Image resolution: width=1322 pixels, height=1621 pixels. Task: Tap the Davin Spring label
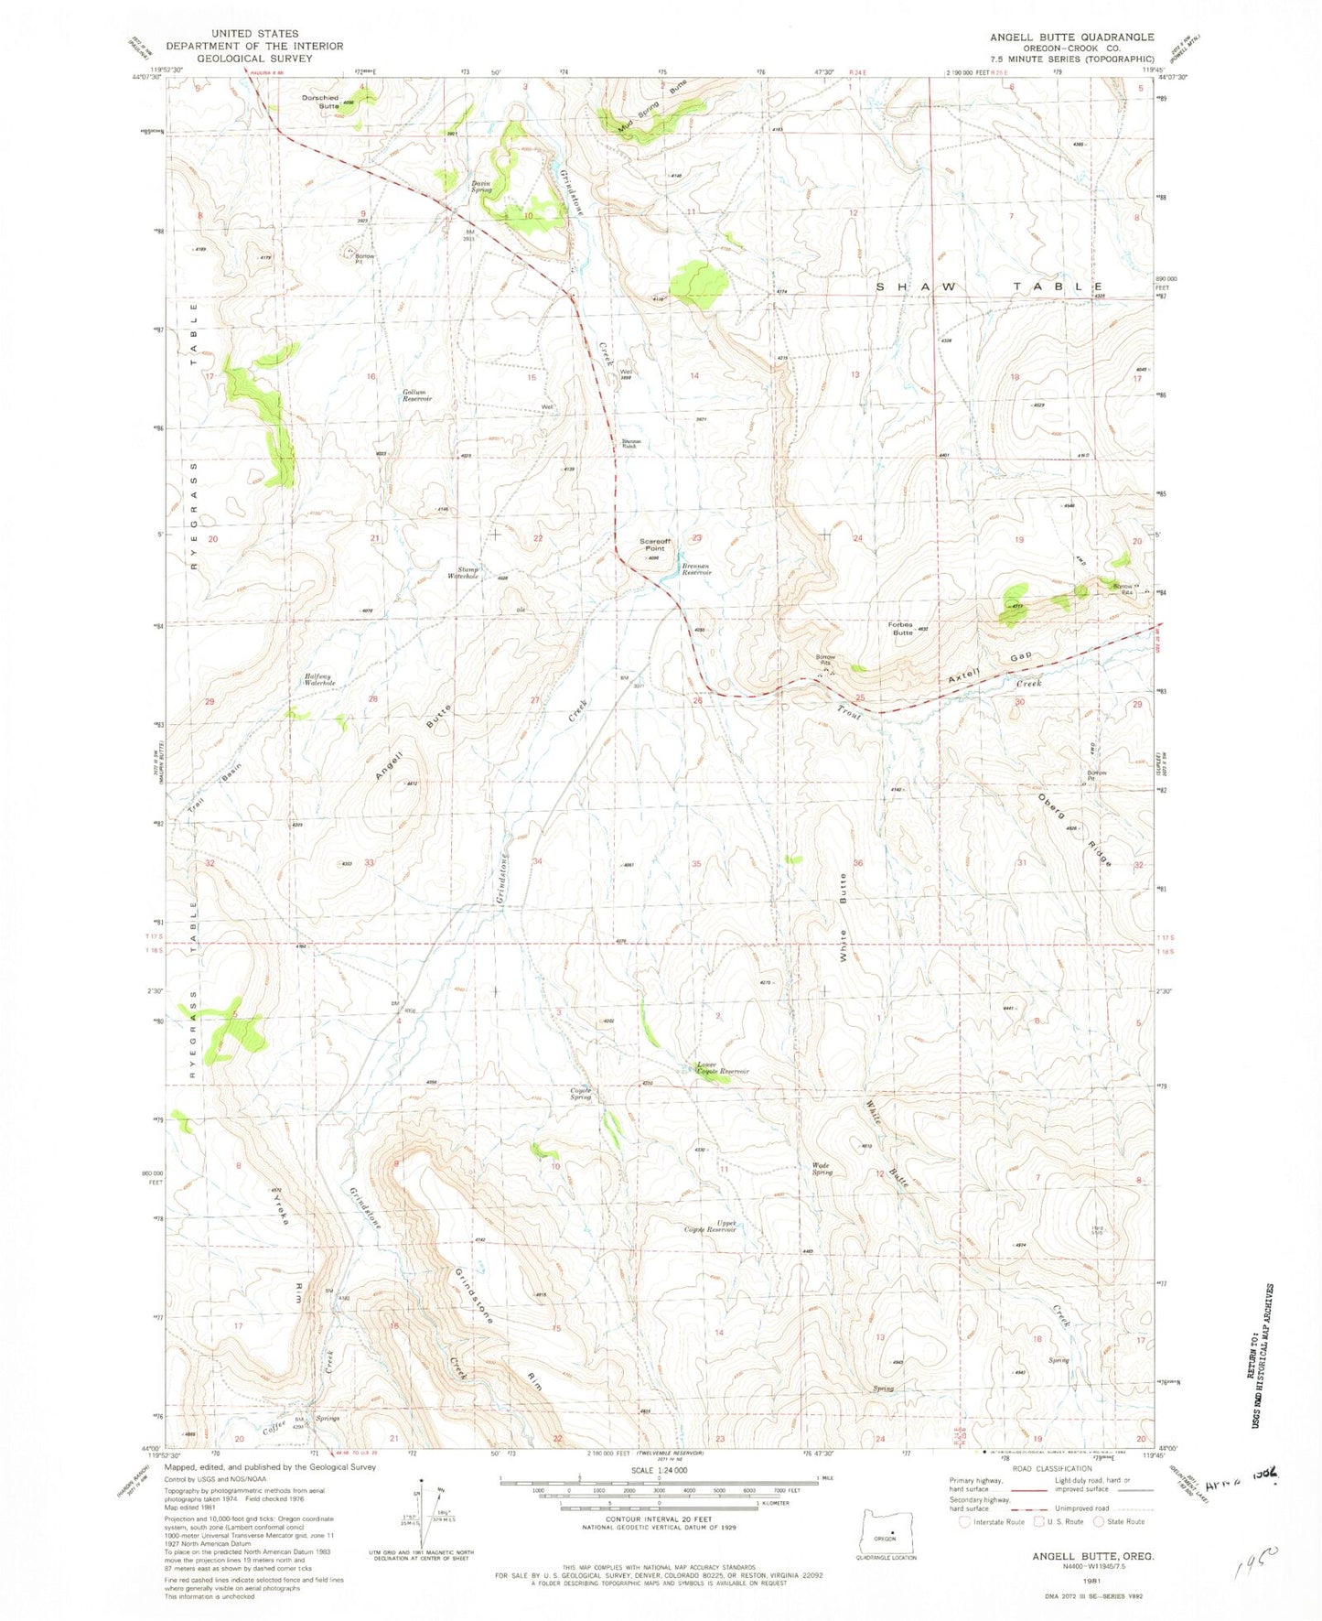pos(481,186)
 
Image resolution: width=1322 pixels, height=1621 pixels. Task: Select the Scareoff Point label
pos(654,546)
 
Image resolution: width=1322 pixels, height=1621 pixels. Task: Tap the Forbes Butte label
pos(902,628)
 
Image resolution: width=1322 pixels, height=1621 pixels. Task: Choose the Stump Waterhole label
pos(463,572)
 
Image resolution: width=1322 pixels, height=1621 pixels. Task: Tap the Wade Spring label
pos(822,1169)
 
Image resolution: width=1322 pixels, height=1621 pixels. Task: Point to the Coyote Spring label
pos(581,1093)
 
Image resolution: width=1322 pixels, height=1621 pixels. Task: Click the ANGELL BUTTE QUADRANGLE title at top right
pos(1071,37)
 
